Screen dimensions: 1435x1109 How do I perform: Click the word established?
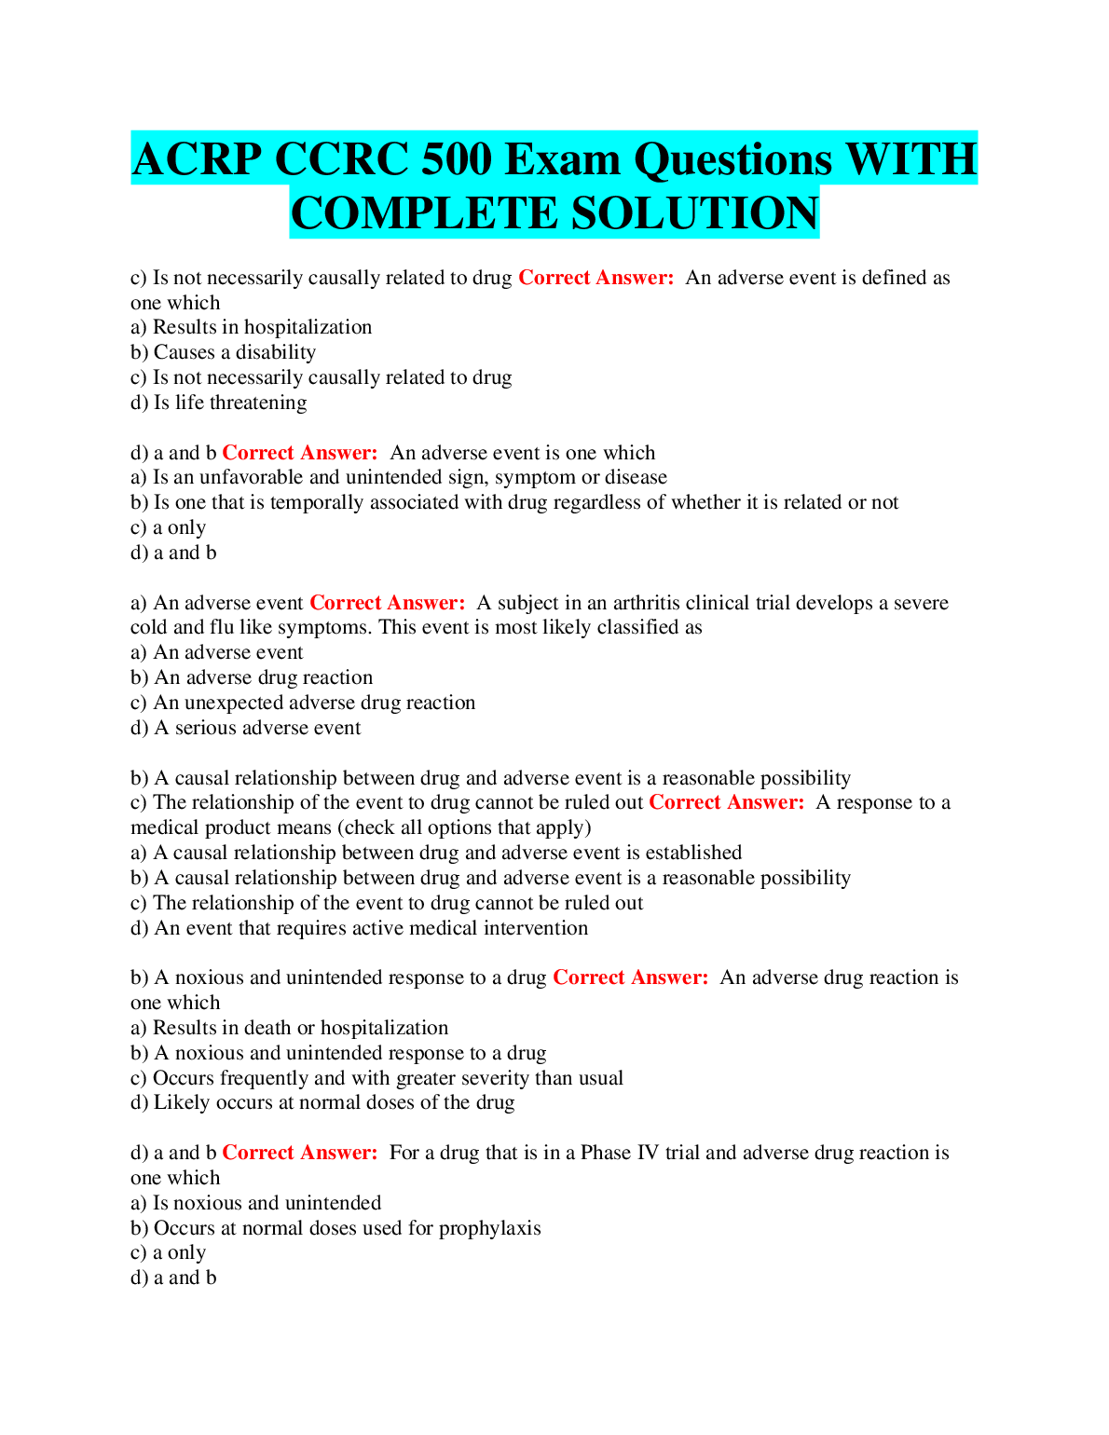pyautogui.click(x=692, y=853)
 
